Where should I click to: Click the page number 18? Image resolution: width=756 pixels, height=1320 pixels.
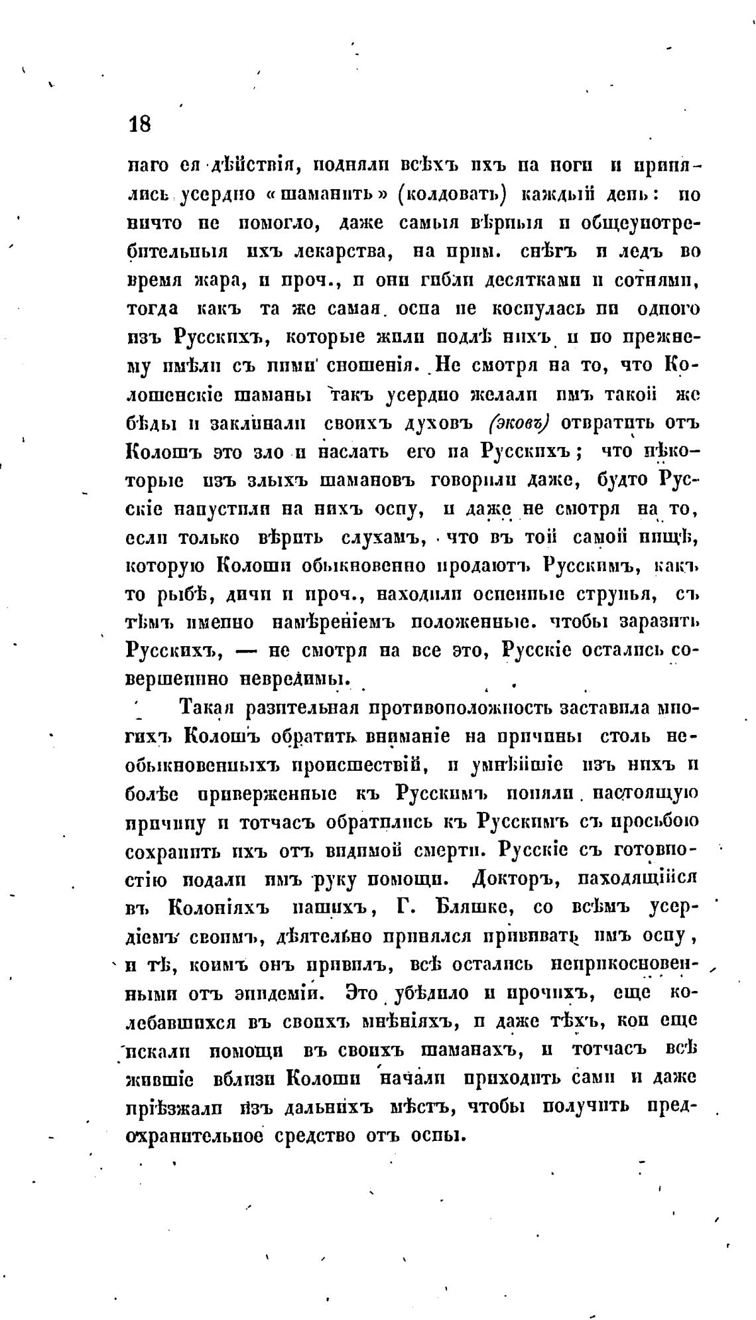(141, 124)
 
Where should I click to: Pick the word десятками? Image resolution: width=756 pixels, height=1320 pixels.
(507, 281)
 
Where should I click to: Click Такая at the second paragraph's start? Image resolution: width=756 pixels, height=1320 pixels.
(210, 708)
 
